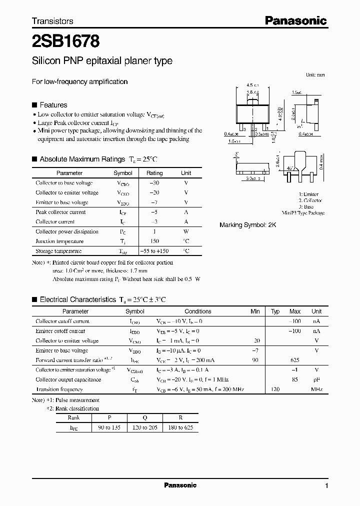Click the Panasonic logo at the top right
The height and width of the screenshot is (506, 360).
(x=295, y=20)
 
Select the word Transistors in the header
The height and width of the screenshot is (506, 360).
(x=52, y=21)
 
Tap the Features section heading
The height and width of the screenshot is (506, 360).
(x=53, y=105)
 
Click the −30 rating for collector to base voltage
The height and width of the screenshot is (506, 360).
(x=154, y=183)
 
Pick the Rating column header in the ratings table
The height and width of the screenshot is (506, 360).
(x=154, y=173)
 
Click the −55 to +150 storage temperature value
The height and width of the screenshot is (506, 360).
(x=154, y=251)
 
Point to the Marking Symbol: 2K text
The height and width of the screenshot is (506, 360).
(x=247, y=225)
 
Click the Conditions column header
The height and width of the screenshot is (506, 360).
(x=198, y=311)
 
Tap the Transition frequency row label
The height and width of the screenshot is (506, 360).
(x=59, y=389)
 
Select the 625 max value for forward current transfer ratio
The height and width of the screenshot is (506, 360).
(x=295, y=360)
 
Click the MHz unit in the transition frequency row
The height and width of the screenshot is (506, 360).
(x=316, y=389)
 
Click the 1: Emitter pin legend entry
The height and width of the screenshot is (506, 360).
(x=308, y=194)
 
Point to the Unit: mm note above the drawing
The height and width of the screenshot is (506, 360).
(x=315, y=74)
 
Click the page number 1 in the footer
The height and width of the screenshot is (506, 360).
(x=326, y=486)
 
